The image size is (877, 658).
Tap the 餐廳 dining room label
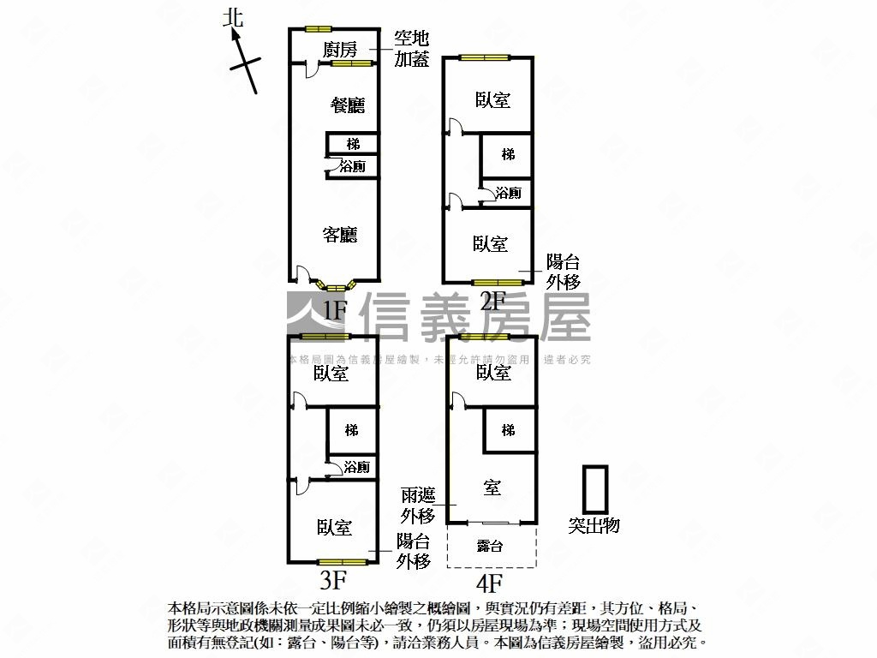click(349, 105)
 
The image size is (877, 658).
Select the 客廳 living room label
click(340, 234)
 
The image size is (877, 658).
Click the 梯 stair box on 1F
click(353, 143)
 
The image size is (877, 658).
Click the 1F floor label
click(334, 309)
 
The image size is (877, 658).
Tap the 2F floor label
click(492, 301)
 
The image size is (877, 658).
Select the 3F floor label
click(332, 580)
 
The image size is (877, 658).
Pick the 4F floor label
click(489, 583)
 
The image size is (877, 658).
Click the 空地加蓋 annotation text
click(411, 49)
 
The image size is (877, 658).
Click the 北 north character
click(233, 18)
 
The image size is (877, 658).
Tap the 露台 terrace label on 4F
click(490, 546)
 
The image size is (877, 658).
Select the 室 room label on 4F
click(492, 488)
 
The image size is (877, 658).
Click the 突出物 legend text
click(594, 525)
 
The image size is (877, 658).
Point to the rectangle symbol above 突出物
click(594, 489)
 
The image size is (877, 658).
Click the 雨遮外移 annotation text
click(419, 505)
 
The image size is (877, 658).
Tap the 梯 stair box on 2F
click(508, 155)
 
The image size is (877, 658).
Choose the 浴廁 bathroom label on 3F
click(356, 467)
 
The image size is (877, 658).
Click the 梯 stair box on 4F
click(508, 430)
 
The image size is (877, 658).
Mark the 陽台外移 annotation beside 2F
click(563, 272)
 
